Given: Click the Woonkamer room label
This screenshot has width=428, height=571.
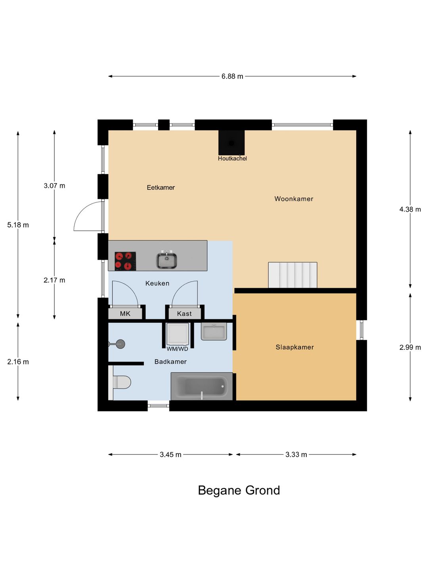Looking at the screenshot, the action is point(294,199).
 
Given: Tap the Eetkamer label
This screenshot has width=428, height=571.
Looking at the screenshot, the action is point(160,188).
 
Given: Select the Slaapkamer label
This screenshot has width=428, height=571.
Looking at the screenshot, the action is point(295,347).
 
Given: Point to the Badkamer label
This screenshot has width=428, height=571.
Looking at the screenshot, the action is point(170,362).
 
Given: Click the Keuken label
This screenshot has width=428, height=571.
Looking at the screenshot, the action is point(157,283).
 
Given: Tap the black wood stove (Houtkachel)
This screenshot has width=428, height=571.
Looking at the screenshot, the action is point(231,143).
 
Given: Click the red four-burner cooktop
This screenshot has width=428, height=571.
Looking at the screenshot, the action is point(125,261).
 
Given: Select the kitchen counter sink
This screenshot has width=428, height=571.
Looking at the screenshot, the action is point(166,260).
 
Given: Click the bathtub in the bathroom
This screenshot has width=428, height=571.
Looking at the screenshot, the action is point(202,386).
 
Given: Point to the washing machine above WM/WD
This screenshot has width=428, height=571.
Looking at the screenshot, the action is point(178,334).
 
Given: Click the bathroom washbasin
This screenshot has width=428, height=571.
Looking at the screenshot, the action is point(214,331).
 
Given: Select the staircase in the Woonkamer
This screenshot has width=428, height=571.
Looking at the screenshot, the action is point(292,275).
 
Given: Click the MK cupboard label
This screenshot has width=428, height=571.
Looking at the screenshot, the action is point(125,314).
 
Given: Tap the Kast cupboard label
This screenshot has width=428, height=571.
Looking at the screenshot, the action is point(184,314).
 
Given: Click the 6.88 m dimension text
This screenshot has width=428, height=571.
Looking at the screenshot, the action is point(232,76).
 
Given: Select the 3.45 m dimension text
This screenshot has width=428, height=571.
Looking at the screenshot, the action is point(170,454).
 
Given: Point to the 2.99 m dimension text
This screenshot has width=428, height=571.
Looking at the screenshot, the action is point(410,347).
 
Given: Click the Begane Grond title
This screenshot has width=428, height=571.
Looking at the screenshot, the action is point(239,491).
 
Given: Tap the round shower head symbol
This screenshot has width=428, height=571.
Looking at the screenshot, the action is point(120,344).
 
